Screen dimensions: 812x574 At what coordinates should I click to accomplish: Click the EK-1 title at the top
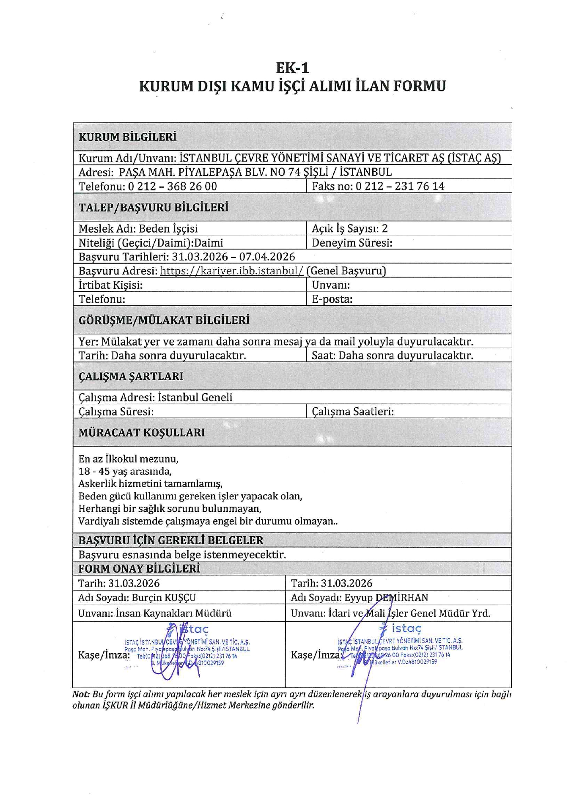pos(292,68)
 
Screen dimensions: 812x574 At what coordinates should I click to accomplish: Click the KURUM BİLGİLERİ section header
pos(127,137)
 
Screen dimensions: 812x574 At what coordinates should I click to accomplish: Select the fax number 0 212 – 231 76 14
pos(400,187)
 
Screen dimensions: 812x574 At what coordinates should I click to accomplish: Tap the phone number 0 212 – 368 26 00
pos(172,187)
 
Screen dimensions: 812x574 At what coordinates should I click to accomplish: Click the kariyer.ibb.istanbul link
pos(232,271)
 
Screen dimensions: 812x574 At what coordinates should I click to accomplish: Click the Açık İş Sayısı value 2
pos(384,229)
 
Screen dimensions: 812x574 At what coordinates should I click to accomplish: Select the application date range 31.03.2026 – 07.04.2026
pos(233,257)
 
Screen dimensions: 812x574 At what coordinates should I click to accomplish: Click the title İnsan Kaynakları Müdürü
pos(173,613)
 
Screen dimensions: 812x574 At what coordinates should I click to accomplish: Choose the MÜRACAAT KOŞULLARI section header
pos(142,433)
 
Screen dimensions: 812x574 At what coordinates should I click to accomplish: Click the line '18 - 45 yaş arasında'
pos(125,471)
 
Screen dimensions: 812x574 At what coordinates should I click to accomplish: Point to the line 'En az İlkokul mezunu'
pos(128,459)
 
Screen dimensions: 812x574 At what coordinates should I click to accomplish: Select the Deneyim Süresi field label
pos(352,243)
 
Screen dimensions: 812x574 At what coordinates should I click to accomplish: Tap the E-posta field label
pos(332,299)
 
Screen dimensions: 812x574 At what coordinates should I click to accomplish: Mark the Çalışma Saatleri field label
pos(353,411)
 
